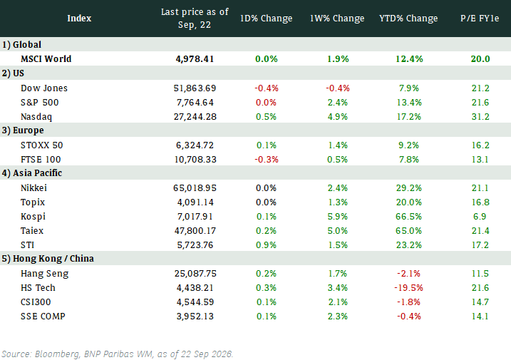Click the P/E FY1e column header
pos(480,19)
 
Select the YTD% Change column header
pos(408,19)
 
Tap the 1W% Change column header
pos(337,19)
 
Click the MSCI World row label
pos(46,58)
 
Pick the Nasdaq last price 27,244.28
pos(195,116)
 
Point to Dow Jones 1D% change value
pos(267,88)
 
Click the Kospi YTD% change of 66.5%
pos(408,216)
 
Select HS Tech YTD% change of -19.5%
pos(408,287)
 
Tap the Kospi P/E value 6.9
pos(480,216)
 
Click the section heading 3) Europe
pos(23,130)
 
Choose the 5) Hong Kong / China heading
pos(48,258)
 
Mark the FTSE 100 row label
pos(41,159)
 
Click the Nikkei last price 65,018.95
pos(195,187)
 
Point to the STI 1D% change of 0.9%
pos(267,245)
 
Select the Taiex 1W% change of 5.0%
pos(337,230)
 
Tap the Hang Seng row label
pos(45,273)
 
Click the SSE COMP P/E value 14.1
pos(480,316)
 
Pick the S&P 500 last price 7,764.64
pos(195,103)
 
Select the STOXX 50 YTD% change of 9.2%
pos(408,145)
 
